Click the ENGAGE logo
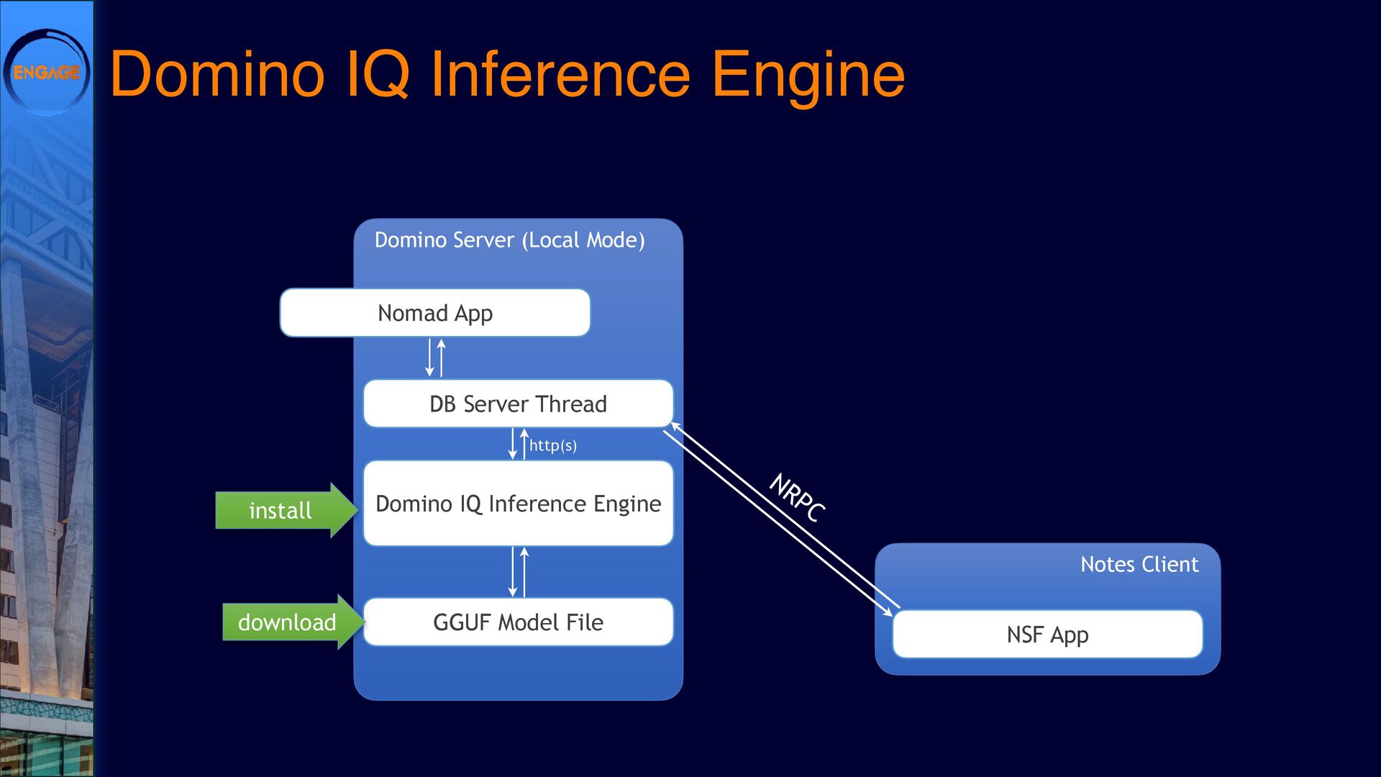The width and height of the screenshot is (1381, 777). tap(47, 72)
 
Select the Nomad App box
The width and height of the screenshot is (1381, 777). tap(435, 313)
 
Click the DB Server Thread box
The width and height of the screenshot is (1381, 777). tap(518, 404)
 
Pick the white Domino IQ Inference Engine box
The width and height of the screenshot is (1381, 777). tap(518, 503)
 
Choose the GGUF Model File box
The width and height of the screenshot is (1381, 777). tap(518, 622)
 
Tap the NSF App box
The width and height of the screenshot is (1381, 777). tap(1047, 635)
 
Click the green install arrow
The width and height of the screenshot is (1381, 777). tap(286, 510)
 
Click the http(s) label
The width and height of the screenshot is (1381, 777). tap(552, 445)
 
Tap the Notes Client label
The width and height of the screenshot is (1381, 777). tap(1139, 564)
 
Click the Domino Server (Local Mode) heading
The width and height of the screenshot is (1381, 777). tap(509, 240)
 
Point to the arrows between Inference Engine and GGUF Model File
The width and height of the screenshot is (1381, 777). tap(518, 572)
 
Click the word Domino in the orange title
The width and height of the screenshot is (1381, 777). tap(217, 73)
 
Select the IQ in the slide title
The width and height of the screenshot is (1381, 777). tap(378, 75)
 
